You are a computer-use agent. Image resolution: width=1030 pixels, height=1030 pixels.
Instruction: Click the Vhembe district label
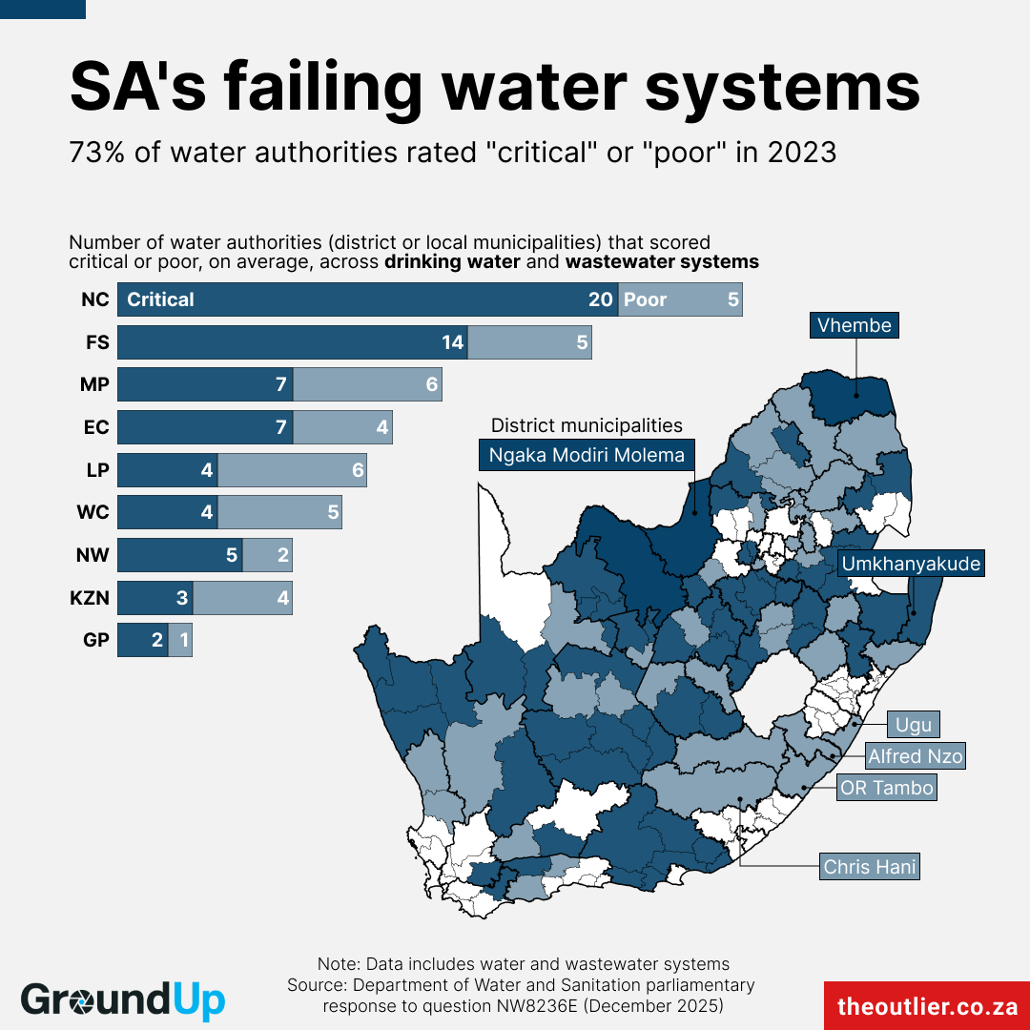854,325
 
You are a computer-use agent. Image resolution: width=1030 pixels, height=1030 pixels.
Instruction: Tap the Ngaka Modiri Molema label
587,455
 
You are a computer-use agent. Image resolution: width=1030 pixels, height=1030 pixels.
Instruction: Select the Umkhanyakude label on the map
911,564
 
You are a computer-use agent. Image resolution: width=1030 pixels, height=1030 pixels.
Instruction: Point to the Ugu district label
914,725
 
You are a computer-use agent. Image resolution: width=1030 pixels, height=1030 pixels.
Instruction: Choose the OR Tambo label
886,789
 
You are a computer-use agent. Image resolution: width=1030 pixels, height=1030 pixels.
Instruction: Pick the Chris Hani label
870,867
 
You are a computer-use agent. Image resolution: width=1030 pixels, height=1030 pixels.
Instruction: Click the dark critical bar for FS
292,342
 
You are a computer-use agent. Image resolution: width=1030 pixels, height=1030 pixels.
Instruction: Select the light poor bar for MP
367,384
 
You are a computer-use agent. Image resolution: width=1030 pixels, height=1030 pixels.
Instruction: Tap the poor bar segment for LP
292,470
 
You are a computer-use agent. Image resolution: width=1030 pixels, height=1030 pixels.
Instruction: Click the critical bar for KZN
154,598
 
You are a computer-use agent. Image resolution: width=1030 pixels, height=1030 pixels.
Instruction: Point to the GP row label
96,640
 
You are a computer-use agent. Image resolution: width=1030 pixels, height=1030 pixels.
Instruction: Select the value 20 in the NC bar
600,299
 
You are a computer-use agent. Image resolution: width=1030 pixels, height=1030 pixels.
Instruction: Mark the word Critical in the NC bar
160,299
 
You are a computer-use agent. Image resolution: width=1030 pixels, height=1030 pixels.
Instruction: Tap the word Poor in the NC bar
645,299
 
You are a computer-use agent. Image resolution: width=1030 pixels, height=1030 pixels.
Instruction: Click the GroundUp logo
123,1000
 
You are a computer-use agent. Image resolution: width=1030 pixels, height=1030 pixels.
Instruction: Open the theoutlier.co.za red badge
926,1006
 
